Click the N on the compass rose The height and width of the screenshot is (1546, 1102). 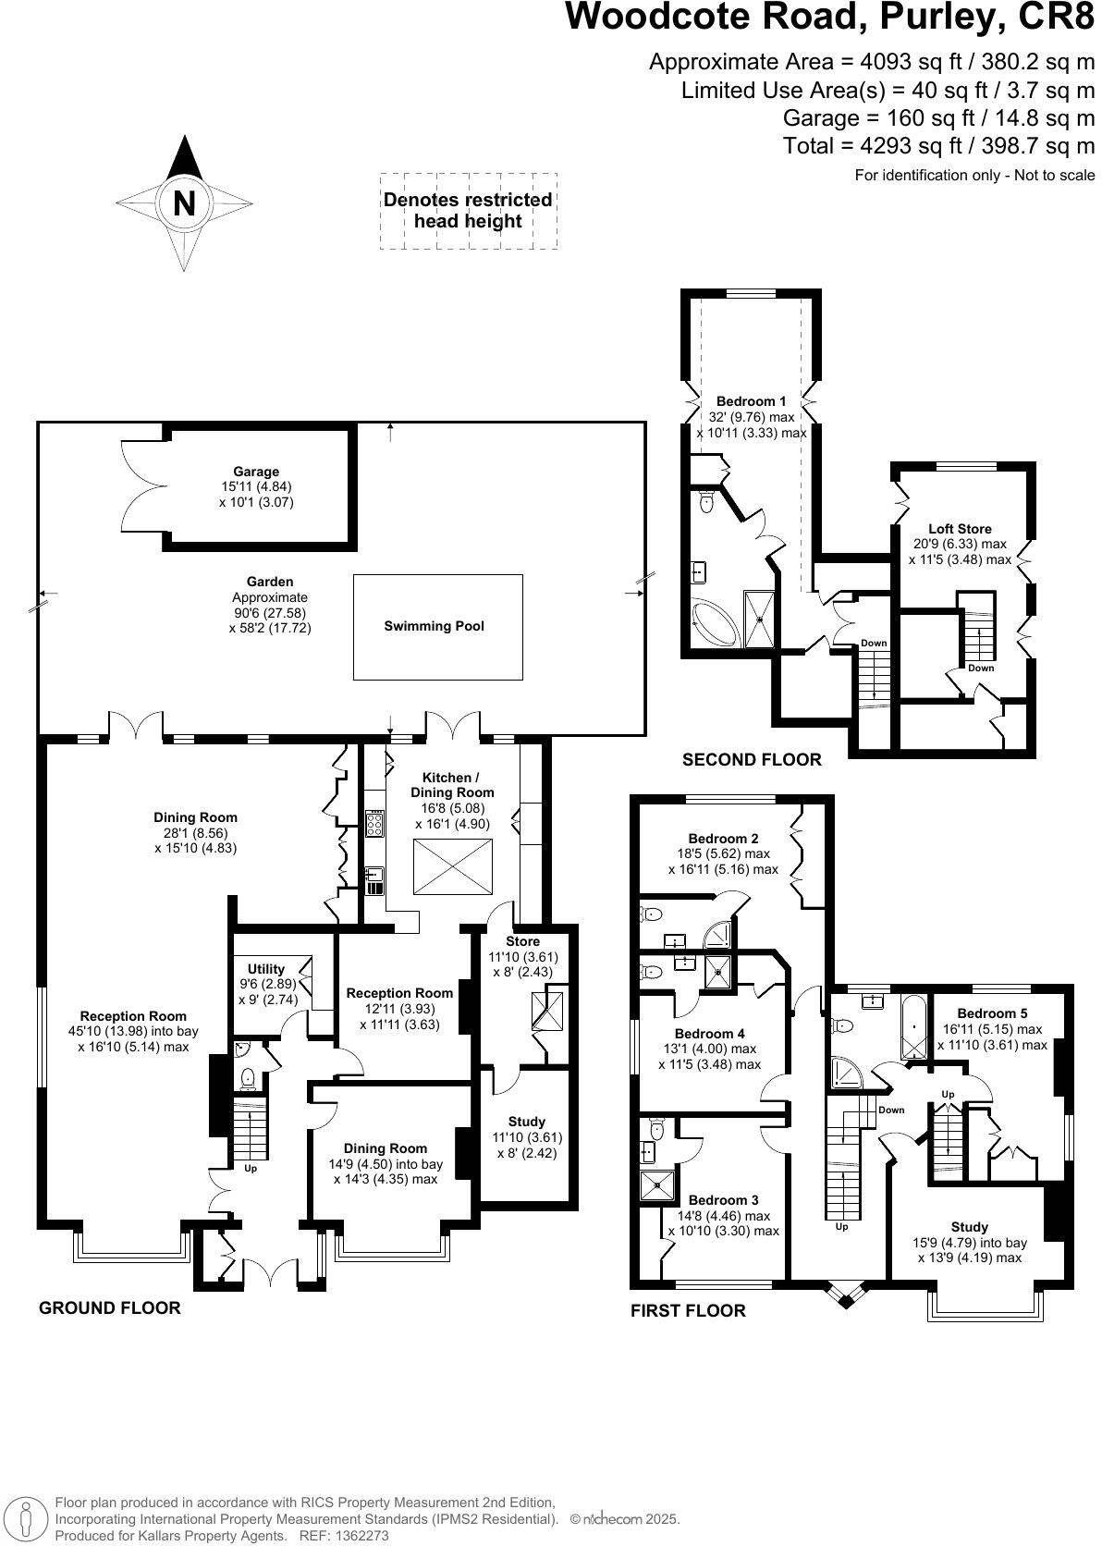184,202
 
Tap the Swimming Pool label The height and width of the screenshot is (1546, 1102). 434,626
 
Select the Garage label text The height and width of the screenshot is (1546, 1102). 256,472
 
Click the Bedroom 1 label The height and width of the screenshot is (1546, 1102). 751,401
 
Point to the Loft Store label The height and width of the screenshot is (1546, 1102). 960,529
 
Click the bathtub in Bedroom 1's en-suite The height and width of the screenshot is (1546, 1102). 716,626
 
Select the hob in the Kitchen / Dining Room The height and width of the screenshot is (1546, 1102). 376,823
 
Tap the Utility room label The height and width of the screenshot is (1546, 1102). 266,969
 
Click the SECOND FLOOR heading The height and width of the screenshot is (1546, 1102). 751,760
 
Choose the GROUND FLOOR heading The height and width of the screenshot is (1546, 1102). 109,1307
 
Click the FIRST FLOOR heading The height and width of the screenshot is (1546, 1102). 687,1310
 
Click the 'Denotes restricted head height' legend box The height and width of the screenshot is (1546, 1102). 468,211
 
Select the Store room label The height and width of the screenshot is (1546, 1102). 522,941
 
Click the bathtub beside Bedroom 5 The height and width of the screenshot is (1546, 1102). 913,1026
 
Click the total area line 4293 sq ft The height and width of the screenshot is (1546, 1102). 938,146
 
